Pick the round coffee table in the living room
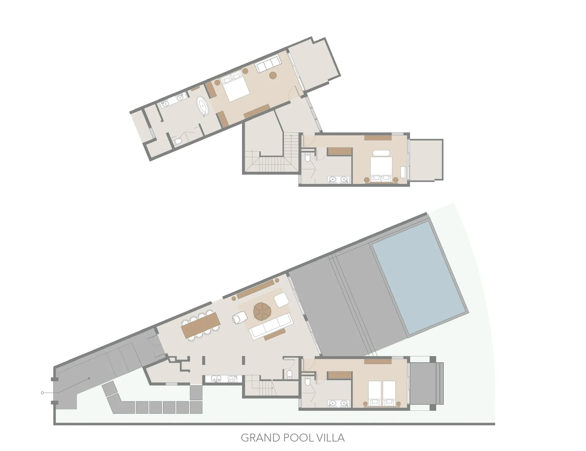tap(262, 311)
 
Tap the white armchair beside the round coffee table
tap(240, 318)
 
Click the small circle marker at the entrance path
tap(42, 393)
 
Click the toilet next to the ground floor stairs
tap(290, 374)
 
